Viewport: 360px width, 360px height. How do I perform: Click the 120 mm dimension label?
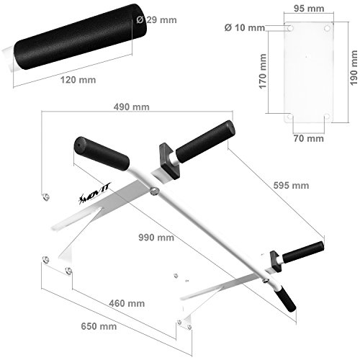click(x=78, y=80)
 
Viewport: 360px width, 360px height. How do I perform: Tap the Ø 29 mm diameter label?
click(x=156, y=19)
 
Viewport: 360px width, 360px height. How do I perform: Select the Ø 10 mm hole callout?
click(x=245, y=27)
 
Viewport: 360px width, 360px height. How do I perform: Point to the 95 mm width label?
click(x=309, y=9)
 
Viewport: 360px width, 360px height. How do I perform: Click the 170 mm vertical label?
click(x=263, y=71)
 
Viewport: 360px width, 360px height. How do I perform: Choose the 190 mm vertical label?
click(x=354, y=68)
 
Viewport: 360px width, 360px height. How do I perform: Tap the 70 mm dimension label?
click(x=309, y=138)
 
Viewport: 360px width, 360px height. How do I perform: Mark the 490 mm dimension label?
click(x=132, y=107)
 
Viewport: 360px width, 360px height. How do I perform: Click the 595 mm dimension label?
click(x=291, y=185)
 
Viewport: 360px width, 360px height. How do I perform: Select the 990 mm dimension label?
click(x=156, y=238)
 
